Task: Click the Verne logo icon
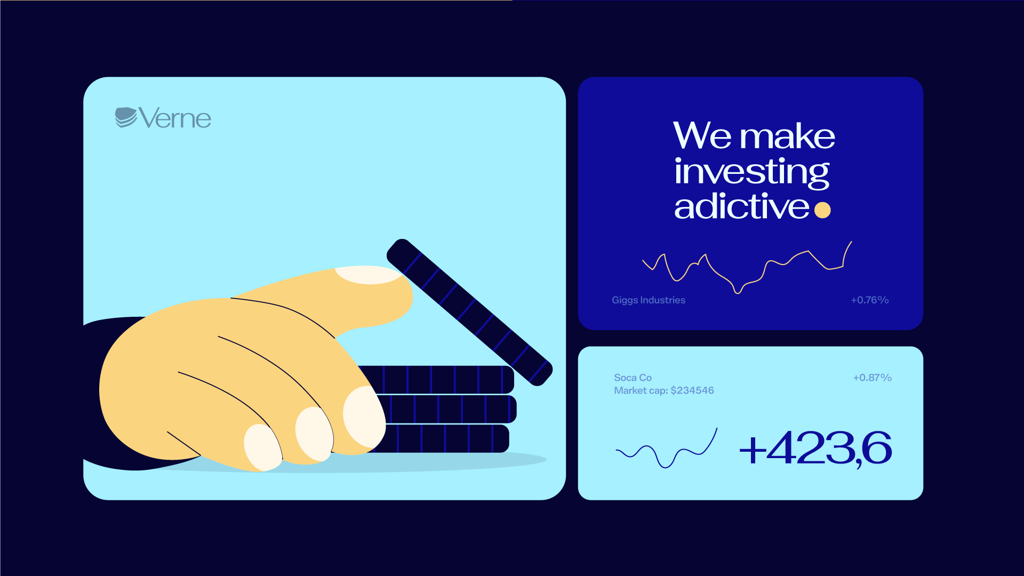point(126,117)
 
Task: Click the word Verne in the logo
point(175,118)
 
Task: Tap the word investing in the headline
point(751,173)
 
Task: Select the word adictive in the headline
point(742,206)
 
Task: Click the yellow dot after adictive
point(822,210)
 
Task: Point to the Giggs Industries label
point(649,300)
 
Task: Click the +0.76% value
point(869,300)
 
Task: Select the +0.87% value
point(872,378)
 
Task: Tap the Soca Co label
point(633,378)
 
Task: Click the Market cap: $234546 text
point(663,390)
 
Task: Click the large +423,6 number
point(815,449)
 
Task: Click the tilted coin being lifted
point(469,312)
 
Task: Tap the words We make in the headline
point(754,136)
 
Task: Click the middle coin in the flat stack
point(445,409)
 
